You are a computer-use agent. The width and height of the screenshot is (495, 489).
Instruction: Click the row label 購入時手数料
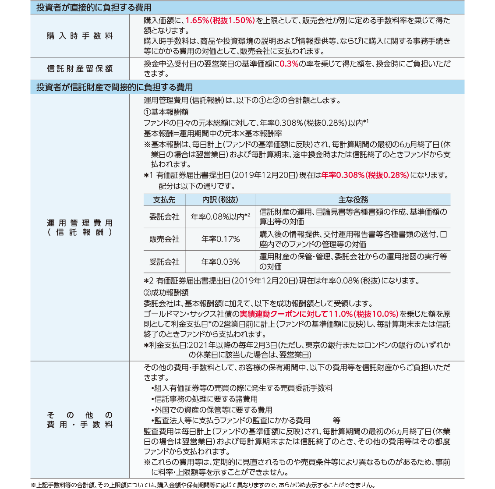tap(80, 36)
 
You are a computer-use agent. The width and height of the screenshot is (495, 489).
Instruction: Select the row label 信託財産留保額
tap(80, 69)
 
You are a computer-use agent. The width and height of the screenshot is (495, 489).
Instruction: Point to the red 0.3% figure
tap(289, 64)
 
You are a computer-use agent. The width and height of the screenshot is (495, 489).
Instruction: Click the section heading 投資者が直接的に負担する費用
tap(94, 7)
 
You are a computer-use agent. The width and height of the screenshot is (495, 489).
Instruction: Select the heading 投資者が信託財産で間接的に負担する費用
tap(114, 87)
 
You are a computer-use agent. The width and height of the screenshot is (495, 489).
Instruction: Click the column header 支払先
tap(164, 200)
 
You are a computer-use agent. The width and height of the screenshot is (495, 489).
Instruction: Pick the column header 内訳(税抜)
tap(220, 200)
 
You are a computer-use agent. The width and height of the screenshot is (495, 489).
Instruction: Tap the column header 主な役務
tap(353, 200)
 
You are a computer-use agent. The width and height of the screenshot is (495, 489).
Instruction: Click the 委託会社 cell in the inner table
tap(164, 216)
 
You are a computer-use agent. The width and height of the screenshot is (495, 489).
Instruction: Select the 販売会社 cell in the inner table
tap(164, 239)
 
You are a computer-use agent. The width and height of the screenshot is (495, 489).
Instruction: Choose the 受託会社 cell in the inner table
tap(164, 262)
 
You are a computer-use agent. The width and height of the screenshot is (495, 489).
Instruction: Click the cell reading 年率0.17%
tap(220, 239)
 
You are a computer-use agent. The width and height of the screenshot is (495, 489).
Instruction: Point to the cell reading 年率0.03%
tap(220, 262)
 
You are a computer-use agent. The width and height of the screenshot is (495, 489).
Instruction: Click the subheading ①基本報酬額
tap(166, 112)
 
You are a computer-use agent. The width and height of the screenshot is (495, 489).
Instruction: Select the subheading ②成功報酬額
tap(166, 292)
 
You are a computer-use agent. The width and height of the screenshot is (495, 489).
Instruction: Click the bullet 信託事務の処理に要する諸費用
tap(205, 399)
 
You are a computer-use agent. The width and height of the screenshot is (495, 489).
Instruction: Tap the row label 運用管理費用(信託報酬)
tap(80, 228)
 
